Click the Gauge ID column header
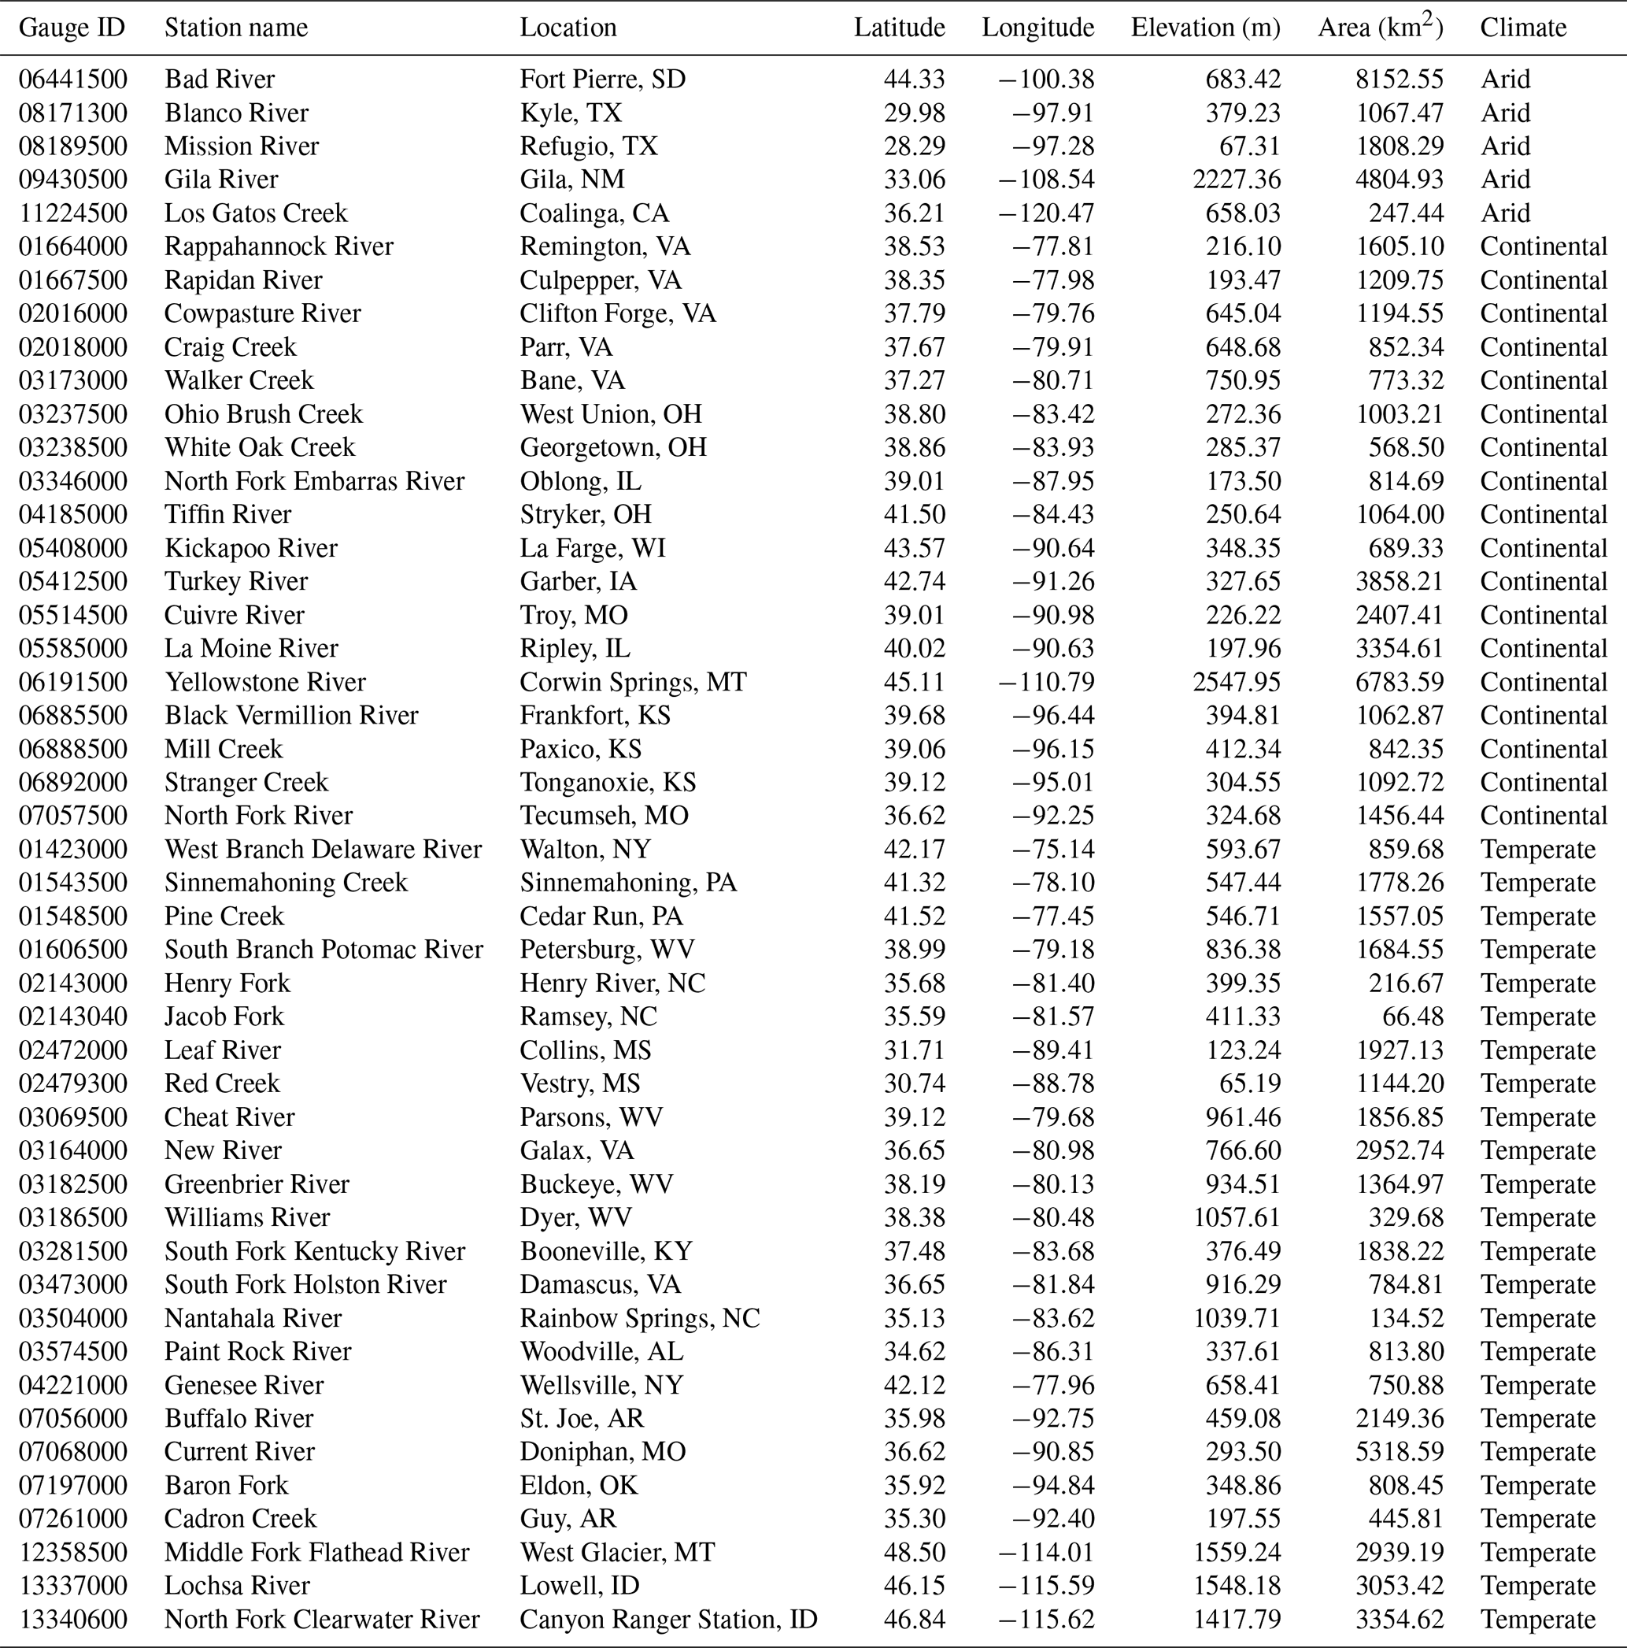(72, 28)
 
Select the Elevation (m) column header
(1205, 28)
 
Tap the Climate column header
(1523, 28)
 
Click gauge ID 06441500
(73, 80)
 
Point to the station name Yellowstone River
(265, 683)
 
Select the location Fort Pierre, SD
(603, 80)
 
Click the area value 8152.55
(1400, 80)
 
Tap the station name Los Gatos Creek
(256, 213)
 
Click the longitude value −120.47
(1046, 213)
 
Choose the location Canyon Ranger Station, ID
(668, 1619)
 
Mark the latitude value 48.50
(914, 1552)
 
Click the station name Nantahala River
(253, 1318)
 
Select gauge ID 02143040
(73, 1017)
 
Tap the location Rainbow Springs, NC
(639, 1318)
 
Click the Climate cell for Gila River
(1505, 180)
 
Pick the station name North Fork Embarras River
(315, 481)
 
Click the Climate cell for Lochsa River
(1537, 1586)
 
